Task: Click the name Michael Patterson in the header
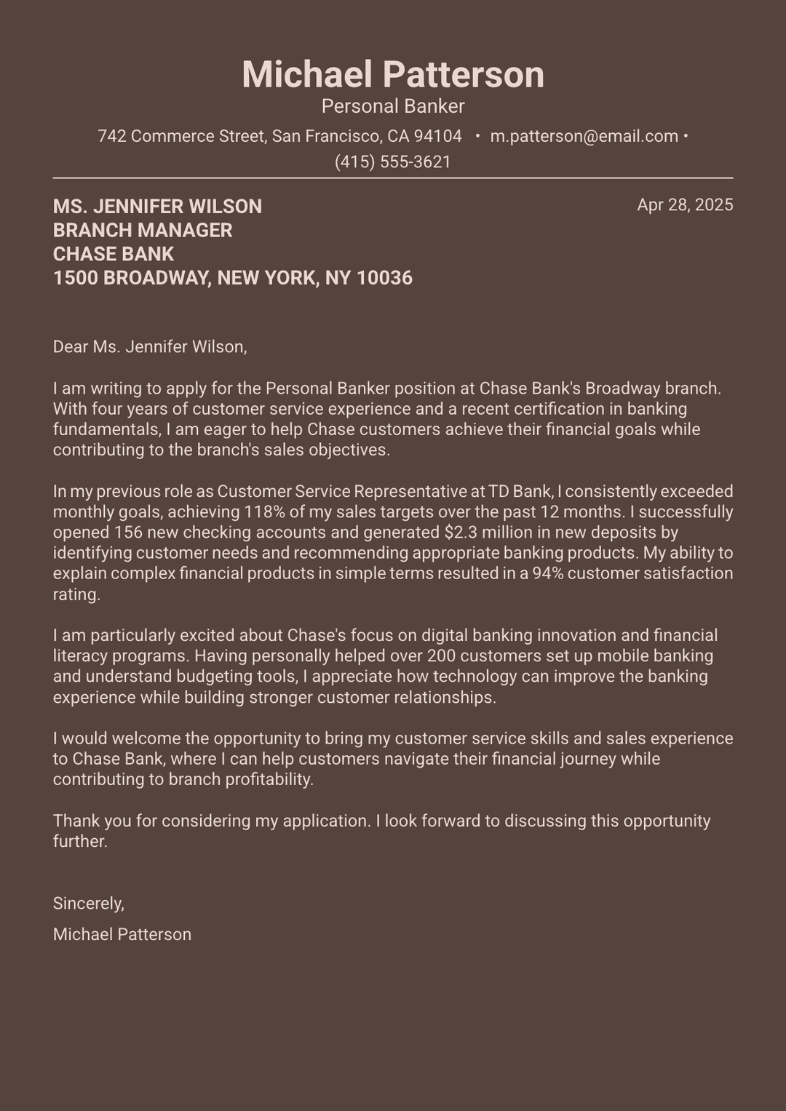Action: coord(393,75)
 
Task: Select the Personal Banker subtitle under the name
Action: coord(393,106)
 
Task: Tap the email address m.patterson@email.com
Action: coord(584,136)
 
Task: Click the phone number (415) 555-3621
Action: coord(393,162)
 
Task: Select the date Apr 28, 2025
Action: coord(685,204)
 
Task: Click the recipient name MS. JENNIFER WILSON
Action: coord(157,207)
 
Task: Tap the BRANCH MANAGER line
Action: coord(143,231)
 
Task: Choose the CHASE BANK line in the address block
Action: coord(114,254)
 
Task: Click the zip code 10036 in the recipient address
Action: coord(384,278)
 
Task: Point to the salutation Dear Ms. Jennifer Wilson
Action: coord(150,347)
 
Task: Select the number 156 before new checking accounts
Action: coord(127,533)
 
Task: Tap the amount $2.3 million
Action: coord(484,533)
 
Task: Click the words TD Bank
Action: coord(520,491)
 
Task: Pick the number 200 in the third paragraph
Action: coord(441,656)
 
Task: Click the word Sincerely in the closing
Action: coord(88,904)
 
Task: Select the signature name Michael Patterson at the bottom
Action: coord(122,935)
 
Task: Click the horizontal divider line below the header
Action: coord(393,178)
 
